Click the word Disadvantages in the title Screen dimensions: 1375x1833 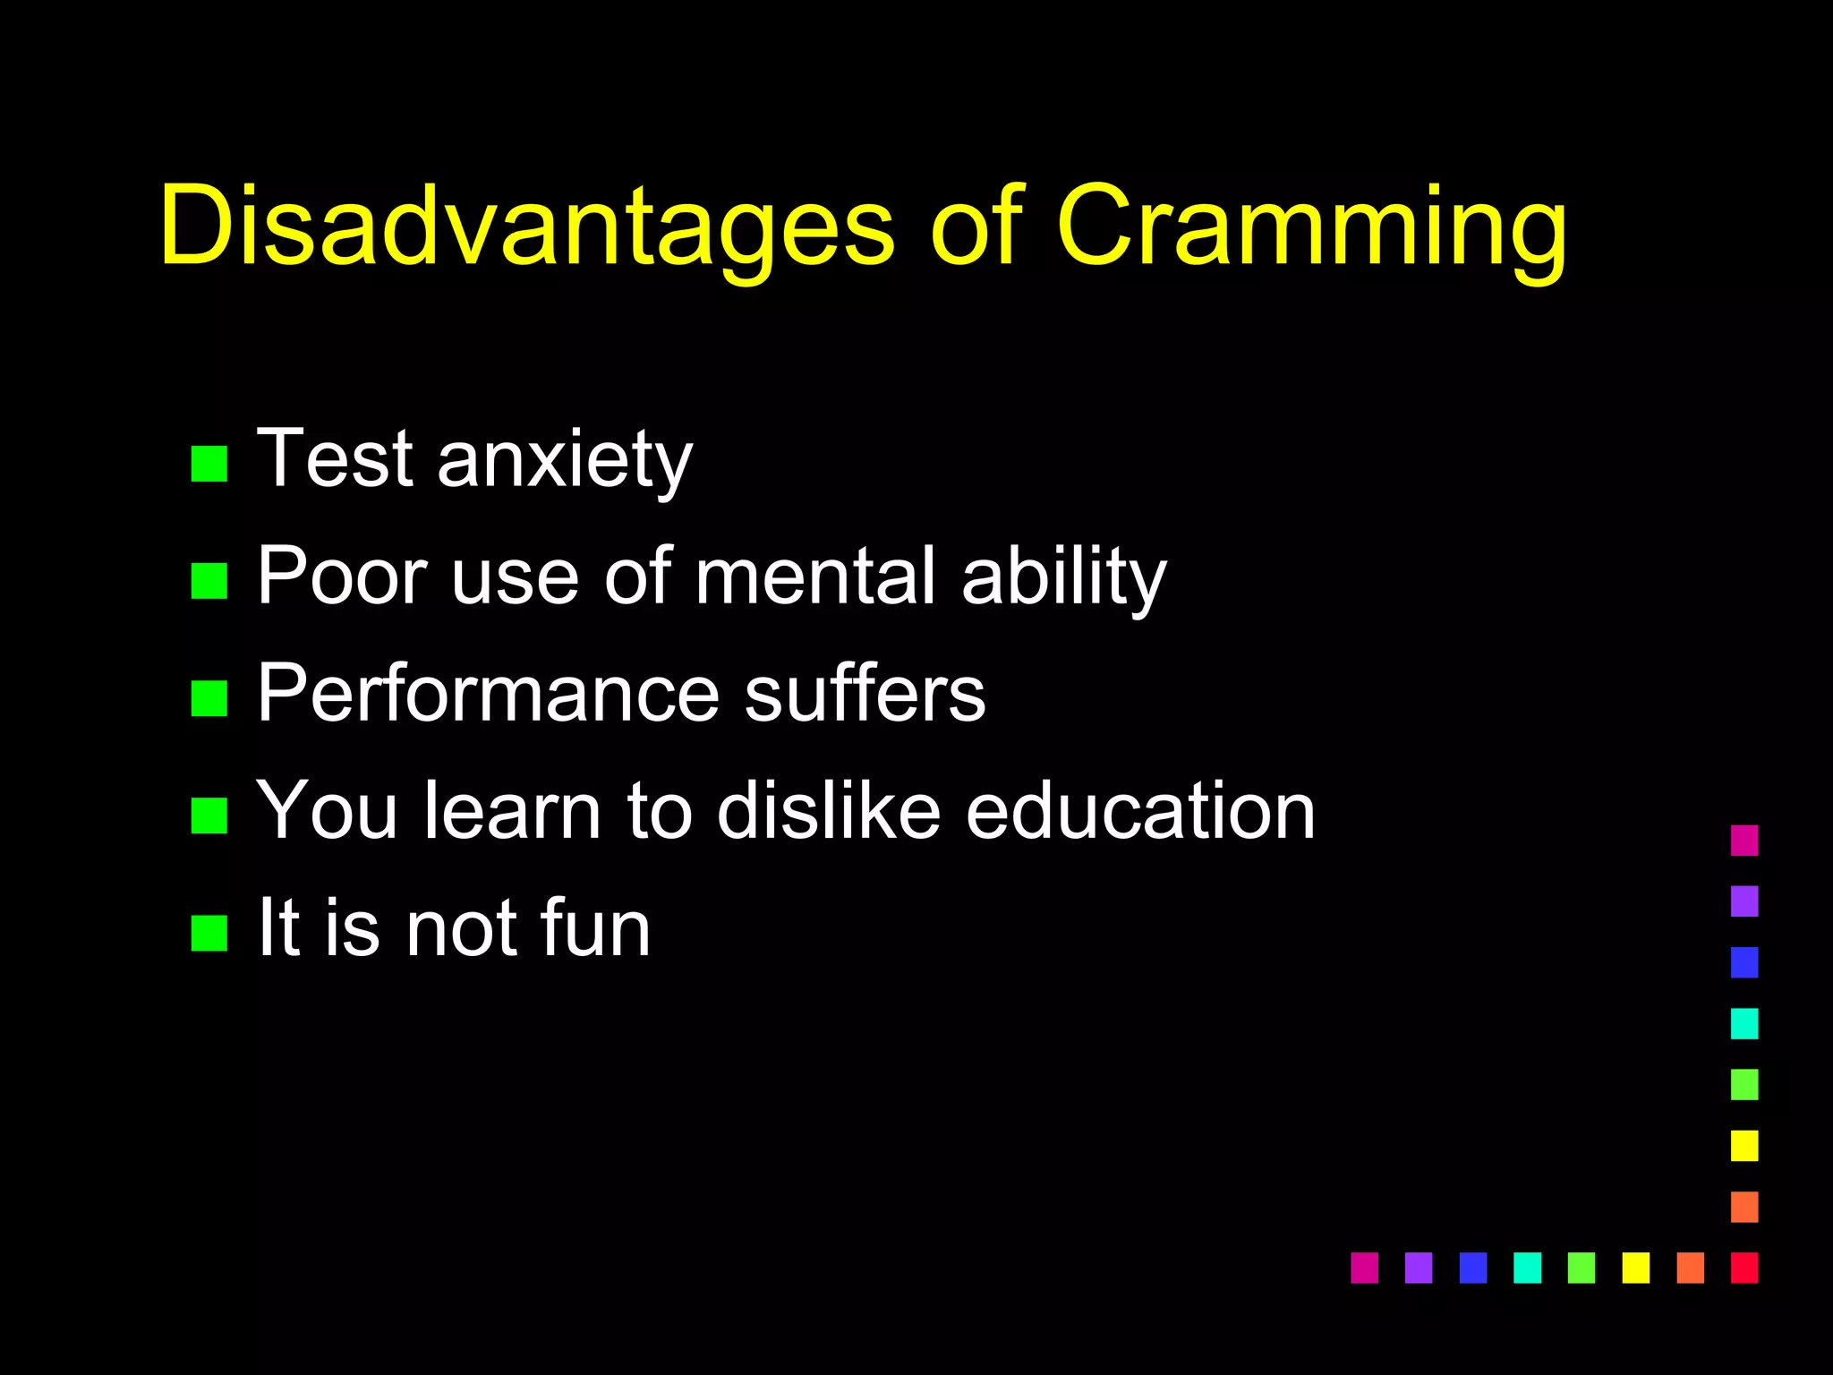[526, 226]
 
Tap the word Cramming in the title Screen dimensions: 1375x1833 [1311, 226]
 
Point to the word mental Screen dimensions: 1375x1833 [815, 577]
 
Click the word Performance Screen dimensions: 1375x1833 [488, 694]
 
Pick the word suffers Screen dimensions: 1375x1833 [865, 694]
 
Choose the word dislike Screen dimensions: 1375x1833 [828, 811]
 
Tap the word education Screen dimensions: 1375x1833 [1140, 811]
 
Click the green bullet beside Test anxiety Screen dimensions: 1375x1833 [209, 464]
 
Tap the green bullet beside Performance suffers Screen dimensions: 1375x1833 [209, 698]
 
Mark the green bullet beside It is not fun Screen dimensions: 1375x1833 [209, 933]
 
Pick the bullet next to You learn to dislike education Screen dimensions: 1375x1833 [209, 816]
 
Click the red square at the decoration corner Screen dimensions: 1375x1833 [1744, 1268]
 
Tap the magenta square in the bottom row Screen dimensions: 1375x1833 [1364, 1268]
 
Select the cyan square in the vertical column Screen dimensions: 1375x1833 [1744, 1023]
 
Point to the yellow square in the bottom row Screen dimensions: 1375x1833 [1635, 1268]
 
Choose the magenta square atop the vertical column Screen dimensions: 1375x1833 [1744, 841]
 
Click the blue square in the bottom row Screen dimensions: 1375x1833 [1472, 1268]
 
